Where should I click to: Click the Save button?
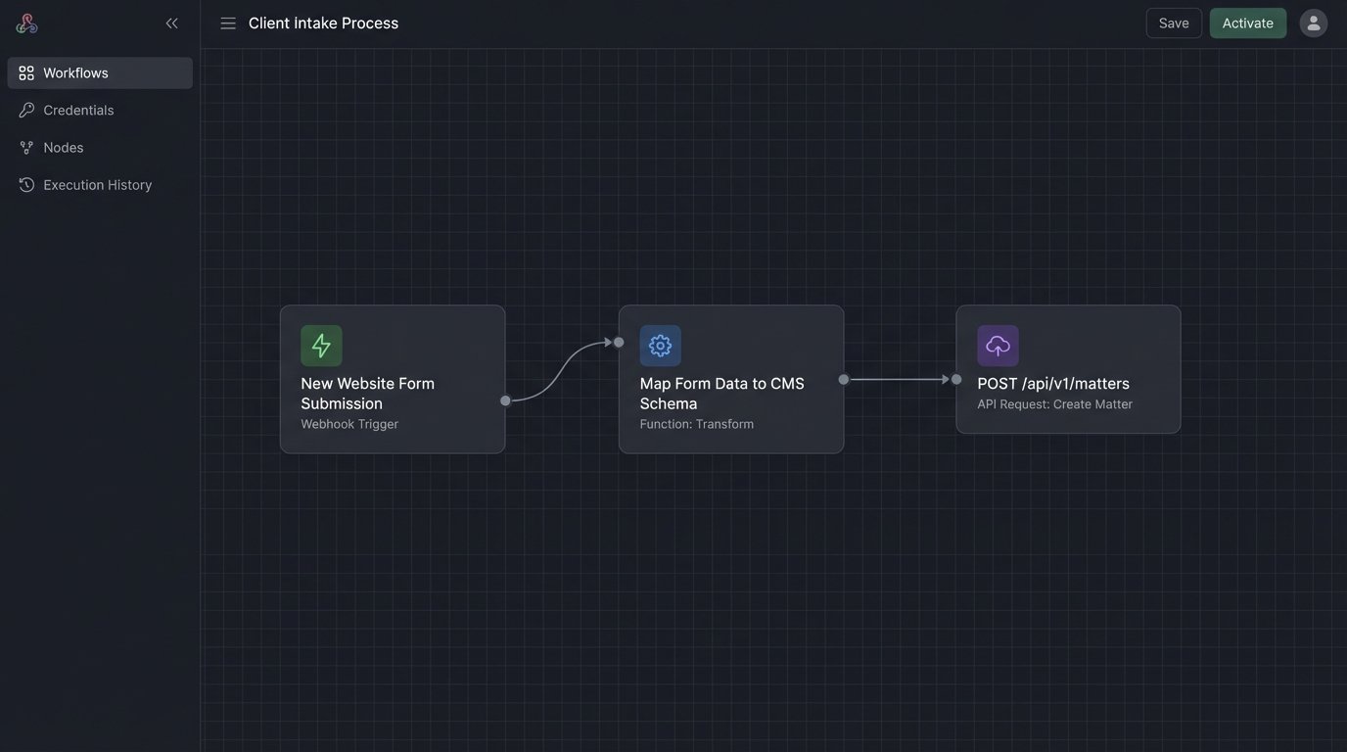coord(1174,23)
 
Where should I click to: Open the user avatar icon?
coord(1314,23)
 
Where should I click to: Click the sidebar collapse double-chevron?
coord(172,23)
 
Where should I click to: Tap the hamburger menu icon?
coord(228,23)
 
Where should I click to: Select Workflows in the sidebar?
coord(75,73)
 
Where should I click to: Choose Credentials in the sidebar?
coord(78,111)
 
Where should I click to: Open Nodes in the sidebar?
coord(63,148)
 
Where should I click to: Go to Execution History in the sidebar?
coord(97,185)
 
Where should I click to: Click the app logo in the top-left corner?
coord(26,23)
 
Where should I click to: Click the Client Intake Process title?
coord(323,23)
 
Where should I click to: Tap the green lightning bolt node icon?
coord(321,346)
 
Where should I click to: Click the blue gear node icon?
coord(660,346)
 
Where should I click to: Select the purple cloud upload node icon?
coord(998,346)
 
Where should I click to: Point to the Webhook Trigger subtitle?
coord(349,424)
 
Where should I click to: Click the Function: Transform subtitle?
coord(696,424)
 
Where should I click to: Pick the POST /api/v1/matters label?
coord(1053,384)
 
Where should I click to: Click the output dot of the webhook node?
coord(505,400)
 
